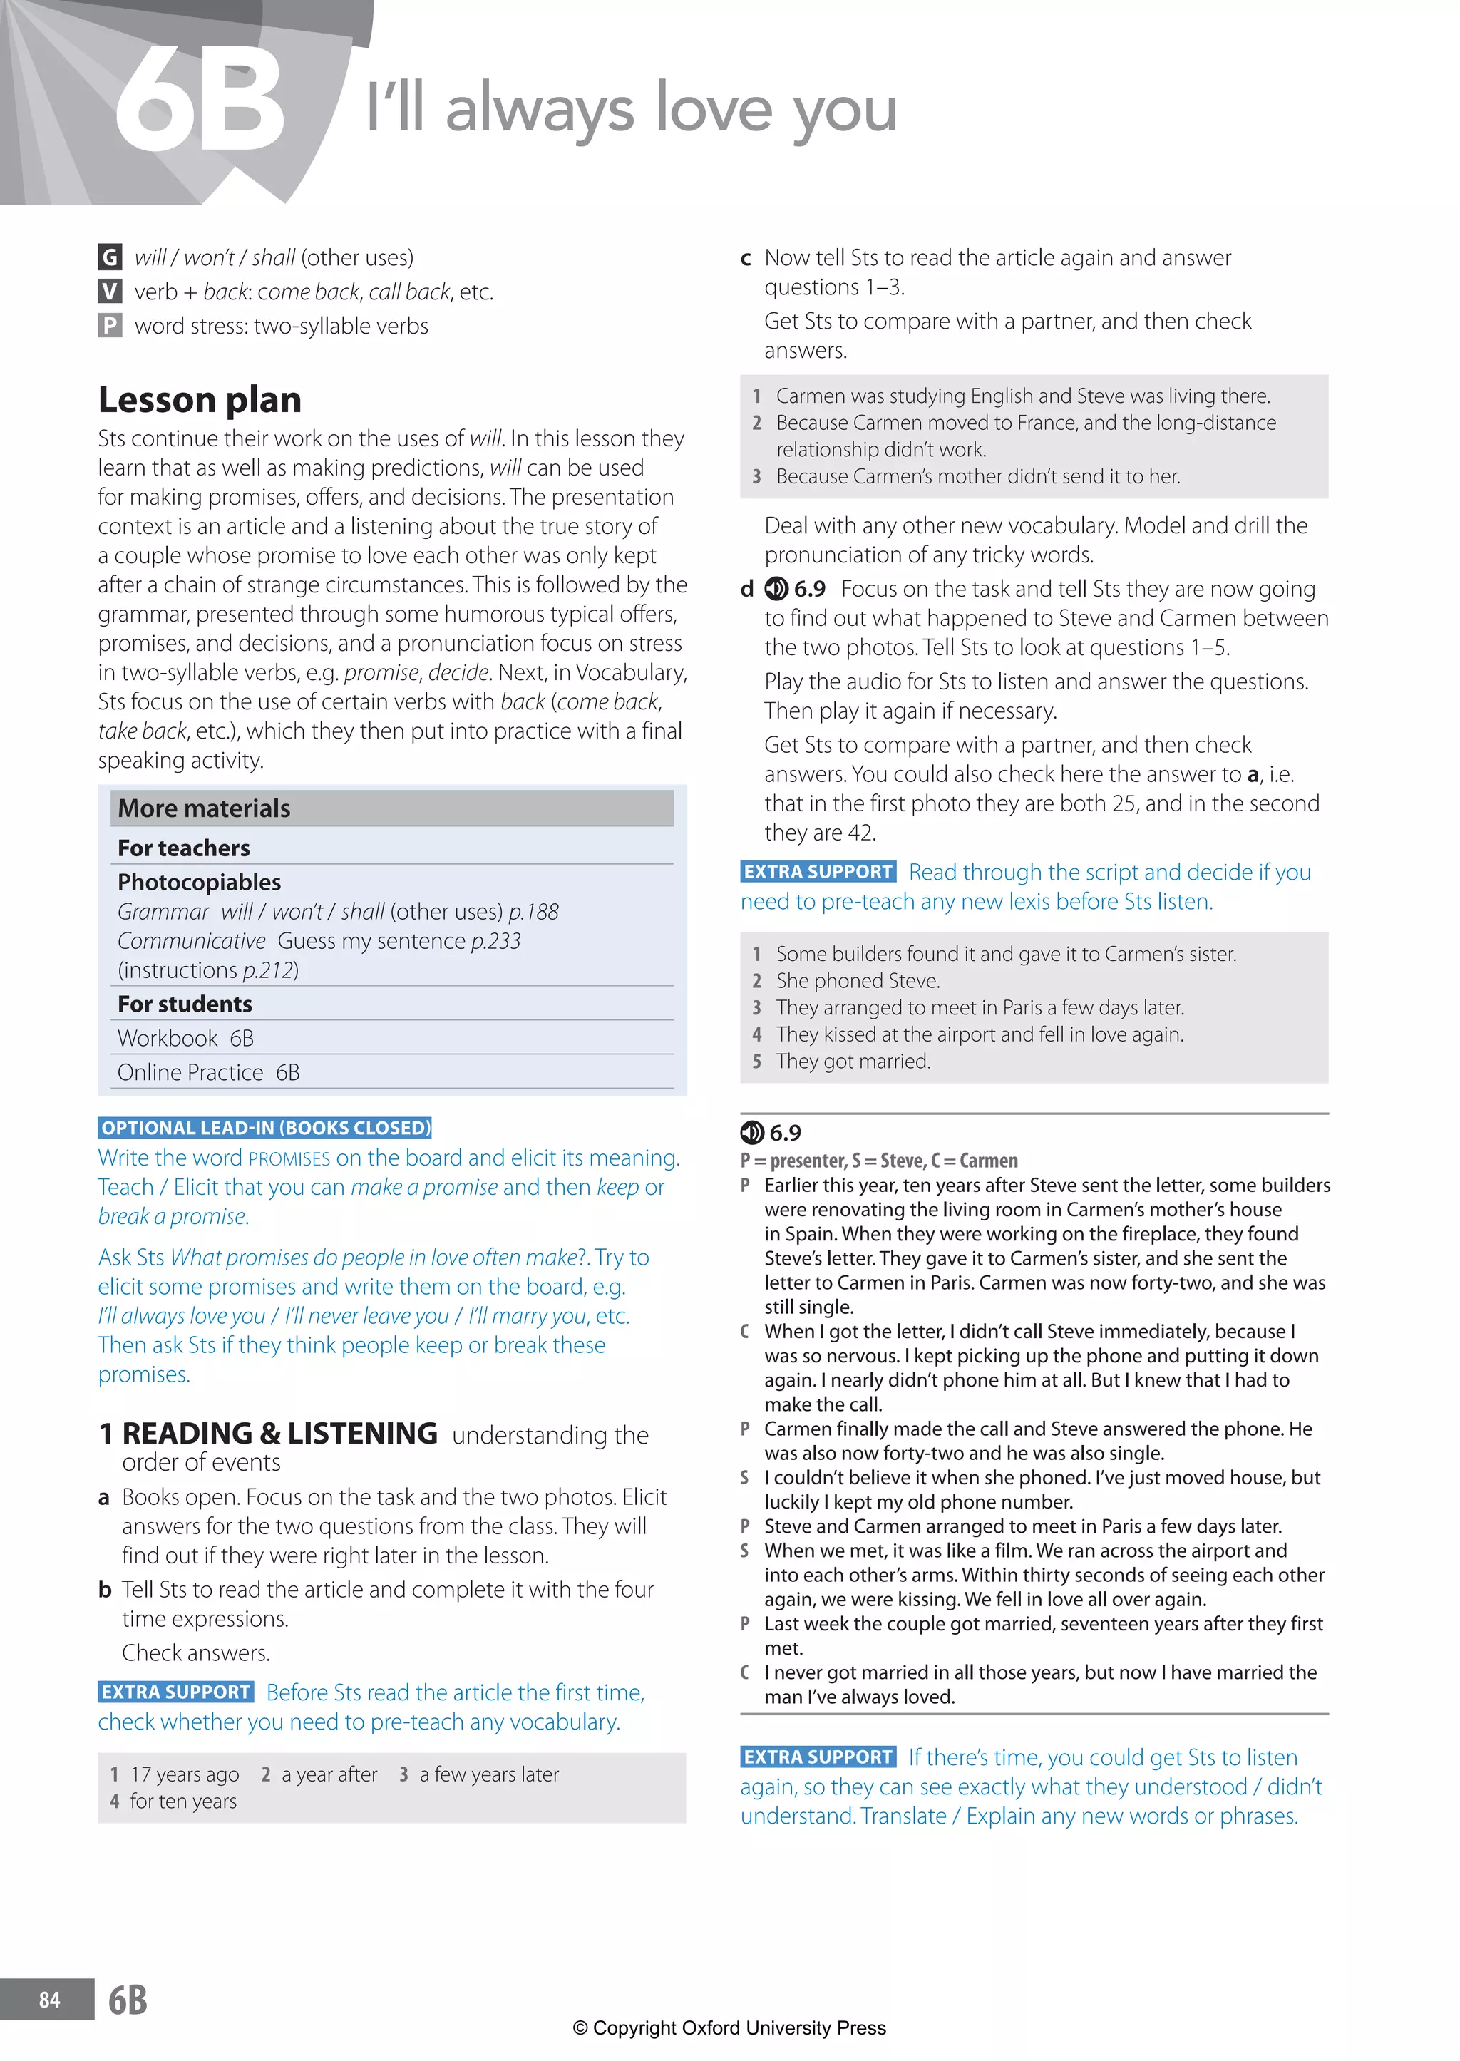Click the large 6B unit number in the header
[200, 101]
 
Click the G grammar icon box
[110, 257]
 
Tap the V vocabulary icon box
[110, 291]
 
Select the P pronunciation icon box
[110, 325]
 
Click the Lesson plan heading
[200, 399]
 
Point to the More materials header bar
[391, 808]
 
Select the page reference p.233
[495, 941]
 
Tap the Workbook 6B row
[186, 1038]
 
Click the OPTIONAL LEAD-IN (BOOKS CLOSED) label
[265, 1128]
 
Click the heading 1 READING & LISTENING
[269, 1434]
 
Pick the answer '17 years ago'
[185, 1774]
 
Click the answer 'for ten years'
[183, 1802]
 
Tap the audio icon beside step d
[776, 589]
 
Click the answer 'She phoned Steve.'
[858, 981]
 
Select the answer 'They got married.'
[853, 1061]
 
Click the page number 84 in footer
[49, 2000]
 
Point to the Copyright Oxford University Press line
[729, 2027]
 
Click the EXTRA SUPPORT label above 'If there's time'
[818, 1757]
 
